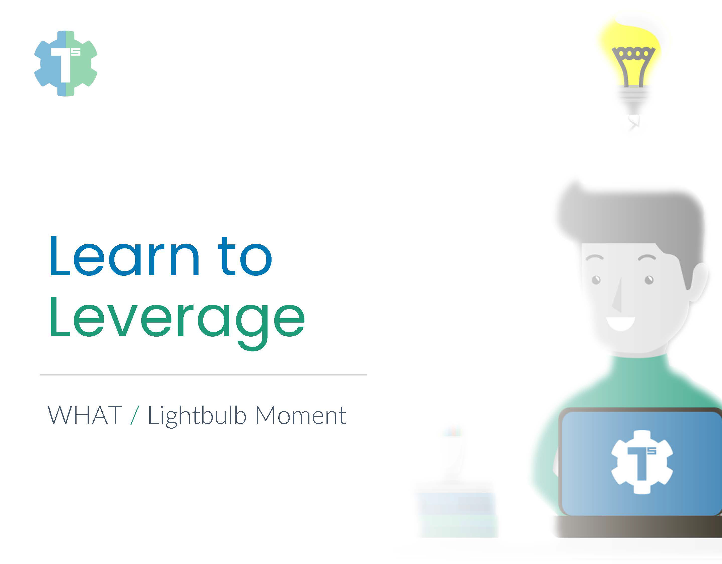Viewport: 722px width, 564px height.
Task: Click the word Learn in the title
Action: pyautogui.click(x=125, y=256)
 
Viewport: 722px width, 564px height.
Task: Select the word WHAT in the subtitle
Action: pyautogui.click(x=85, y=415)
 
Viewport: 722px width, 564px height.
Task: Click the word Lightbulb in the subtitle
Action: pyautogui.click(x=197, y=416)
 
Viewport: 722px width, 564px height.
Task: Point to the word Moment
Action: pyautogui.click(x=301, y=415)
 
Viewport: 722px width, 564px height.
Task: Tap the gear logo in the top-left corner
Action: pyautogui.click(x=66, y=63)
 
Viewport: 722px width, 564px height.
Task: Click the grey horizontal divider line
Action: pyautogui.click(x=203, y=374)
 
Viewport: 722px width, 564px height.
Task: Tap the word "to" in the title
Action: pyautogui.click(x=245, y=256)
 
